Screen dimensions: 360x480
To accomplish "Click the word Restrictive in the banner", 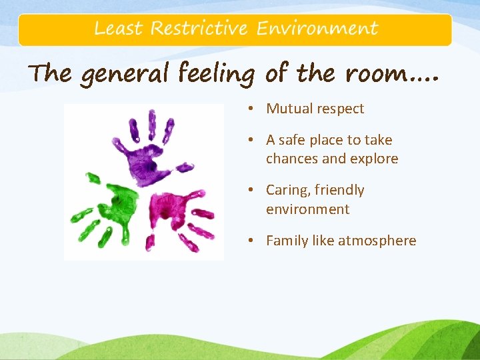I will (x=199, y=29).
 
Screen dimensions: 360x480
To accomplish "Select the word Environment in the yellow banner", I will (x=317, y=29).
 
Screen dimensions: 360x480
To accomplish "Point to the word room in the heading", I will (x=373, y=73).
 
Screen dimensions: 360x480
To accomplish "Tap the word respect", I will (x=341, y=109).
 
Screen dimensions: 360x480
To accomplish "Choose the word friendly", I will (x=339, y=191).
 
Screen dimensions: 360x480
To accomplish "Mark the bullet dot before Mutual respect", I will (x=256, y=109).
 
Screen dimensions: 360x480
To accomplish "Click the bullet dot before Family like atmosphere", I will (x=256, y=241).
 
